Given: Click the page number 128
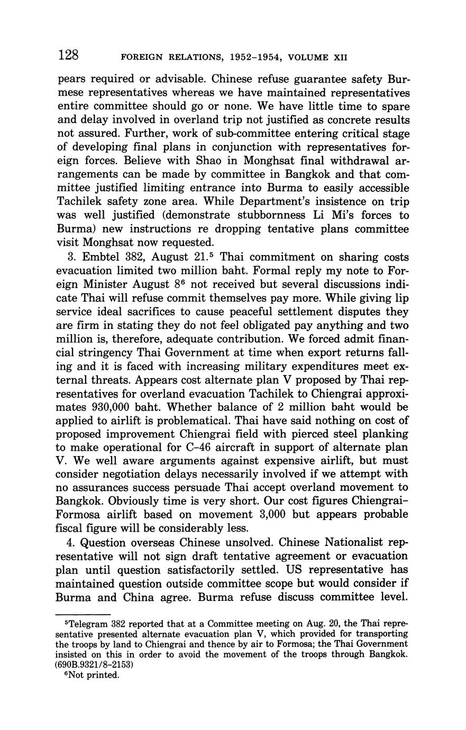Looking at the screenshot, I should pos(69,55).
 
